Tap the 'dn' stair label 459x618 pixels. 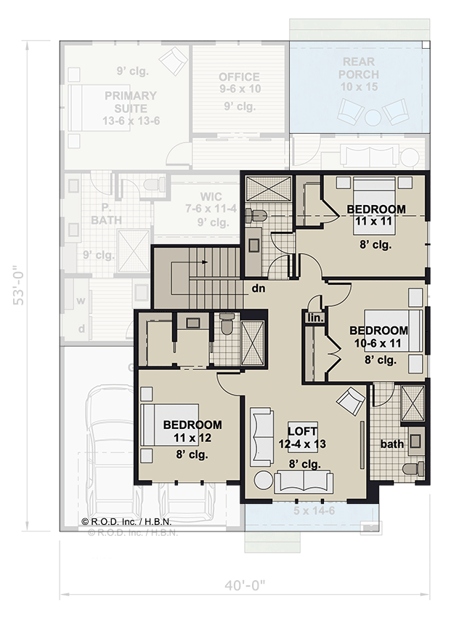point(258,288)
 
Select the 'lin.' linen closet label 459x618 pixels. point(314,318)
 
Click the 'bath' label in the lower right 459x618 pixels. point(391,444)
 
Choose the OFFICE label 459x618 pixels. point(239,77)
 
